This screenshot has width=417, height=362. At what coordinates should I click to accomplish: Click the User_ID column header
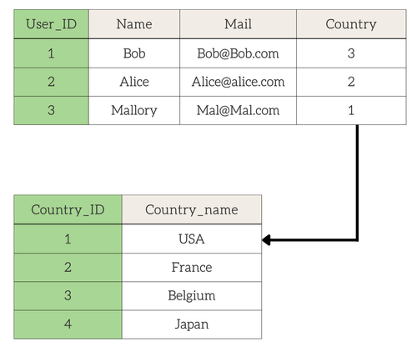point(51,24)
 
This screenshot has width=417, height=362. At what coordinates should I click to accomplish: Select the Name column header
point(134,24)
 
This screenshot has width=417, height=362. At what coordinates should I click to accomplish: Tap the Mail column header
point(238,24)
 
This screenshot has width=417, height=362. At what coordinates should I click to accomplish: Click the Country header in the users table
point(351,24)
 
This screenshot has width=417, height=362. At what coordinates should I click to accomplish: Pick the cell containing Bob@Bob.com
point(238,53)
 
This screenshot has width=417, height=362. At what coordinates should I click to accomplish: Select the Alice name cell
point(134,82)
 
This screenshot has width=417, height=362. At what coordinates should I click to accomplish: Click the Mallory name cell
point(134,110)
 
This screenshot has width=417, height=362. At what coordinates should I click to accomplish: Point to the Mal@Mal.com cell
point(238,110)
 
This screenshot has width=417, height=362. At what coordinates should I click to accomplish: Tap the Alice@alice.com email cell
point(238,82)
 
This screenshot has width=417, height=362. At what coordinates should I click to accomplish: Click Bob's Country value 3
point(351,53)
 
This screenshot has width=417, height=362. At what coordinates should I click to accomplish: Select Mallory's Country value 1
point(351,110)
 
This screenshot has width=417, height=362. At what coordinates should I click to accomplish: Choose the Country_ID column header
point(68,209)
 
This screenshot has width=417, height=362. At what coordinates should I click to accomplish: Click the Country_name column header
point(192,209)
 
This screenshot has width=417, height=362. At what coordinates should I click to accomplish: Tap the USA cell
point(192,239)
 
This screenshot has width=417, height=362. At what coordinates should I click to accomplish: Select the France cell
point(192,268)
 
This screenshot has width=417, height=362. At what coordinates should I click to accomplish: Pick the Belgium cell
point(192,296)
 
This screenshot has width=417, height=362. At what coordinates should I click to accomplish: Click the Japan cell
point(192,324)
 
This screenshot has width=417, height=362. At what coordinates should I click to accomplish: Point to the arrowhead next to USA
point(266,240)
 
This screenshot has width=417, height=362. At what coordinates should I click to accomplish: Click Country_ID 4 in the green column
point(68,324)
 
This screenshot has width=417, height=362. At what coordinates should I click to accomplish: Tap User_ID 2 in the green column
point(51,82)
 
